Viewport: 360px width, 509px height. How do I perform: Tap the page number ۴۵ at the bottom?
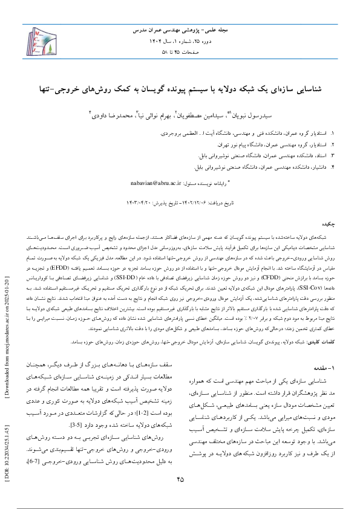[x=180, y=479]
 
